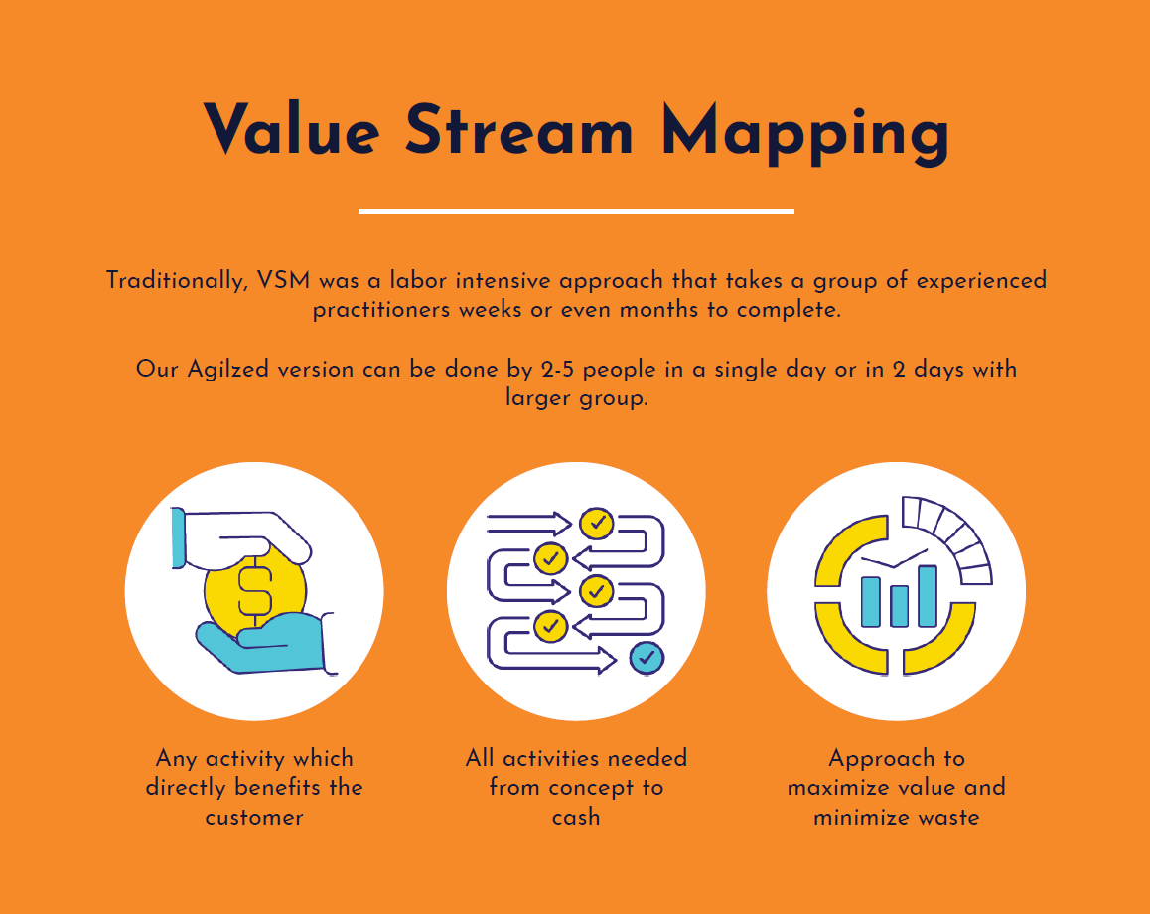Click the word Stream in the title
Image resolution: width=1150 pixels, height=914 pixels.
tap(519, 129)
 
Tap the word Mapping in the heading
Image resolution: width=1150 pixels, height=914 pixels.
tap(804, 131)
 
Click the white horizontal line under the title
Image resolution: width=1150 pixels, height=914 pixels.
tap(576, 211)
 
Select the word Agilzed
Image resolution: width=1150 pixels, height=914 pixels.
tap(228, 370)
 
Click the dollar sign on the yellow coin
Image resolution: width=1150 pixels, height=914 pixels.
tap(254, 588)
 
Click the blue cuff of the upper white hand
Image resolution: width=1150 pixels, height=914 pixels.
tap(179, 537)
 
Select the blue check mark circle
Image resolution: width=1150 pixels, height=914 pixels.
tap(647, 657)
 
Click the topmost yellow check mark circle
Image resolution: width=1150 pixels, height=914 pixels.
tap(597, 523)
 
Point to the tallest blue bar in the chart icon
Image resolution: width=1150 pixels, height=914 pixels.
tap(928, 596)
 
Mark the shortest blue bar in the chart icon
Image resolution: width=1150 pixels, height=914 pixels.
tap(900, 605)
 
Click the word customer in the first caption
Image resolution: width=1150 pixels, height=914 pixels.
tap(254, 817)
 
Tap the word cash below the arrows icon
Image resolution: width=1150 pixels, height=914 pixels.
tap(576, 817)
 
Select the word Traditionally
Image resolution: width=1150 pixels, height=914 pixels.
tap(176, 280)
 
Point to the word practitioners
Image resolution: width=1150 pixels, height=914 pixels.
tap(382, 309)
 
